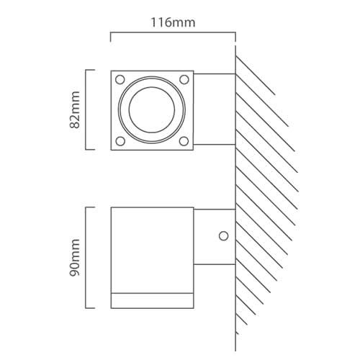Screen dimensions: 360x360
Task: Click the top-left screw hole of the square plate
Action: [120, 78]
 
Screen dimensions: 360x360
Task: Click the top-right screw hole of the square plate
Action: [184, 78]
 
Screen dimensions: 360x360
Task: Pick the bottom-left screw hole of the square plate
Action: [120, 141]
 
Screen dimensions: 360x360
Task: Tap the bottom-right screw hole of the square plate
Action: [184, 141]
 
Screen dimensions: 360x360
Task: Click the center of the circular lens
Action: [152, 109]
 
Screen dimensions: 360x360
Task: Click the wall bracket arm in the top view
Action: [215, 109]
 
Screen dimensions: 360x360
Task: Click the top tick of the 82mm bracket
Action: [91, 70]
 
